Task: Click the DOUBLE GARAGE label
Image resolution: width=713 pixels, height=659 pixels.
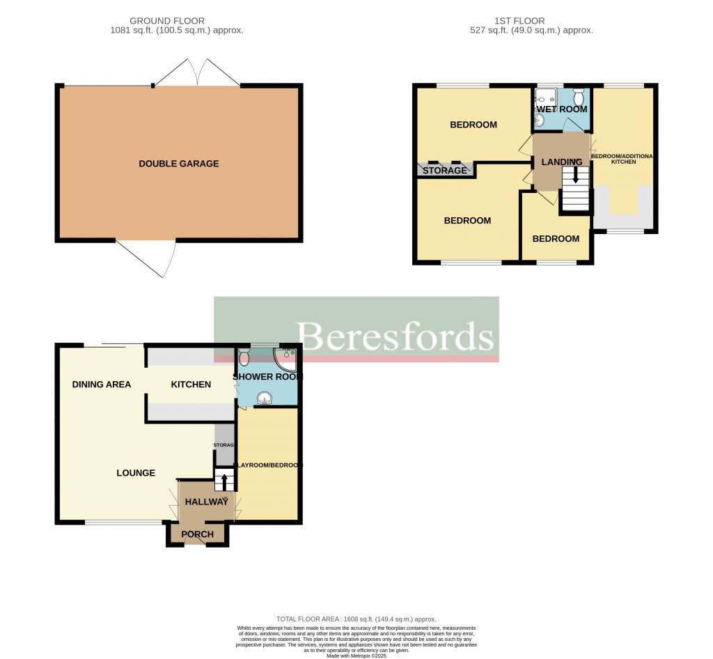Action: tap(179, 164)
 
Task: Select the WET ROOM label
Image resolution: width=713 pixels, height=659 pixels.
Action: tap(561, 109)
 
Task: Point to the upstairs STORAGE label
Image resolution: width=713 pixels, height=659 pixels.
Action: tap(444, 171)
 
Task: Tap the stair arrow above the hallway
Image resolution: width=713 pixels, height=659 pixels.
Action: tap(224, 481)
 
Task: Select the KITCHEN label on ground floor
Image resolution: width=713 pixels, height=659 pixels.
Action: tap(191, 385)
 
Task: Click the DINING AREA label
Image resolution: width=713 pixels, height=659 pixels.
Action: tap(102, 385)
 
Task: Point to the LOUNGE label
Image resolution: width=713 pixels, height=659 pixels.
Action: tap(136, 473)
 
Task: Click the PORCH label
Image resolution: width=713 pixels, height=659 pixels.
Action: tap(197, 534)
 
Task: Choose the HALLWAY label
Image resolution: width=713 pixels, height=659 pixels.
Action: tap(207, 502)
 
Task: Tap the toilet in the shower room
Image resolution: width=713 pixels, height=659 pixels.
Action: tap(243, 357)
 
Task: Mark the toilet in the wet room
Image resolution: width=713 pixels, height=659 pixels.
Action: tap(578, 95)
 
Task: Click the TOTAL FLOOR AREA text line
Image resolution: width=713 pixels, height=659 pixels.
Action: tap(356, 619)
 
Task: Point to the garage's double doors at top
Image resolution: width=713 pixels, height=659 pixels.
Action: tap(197, 73)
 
